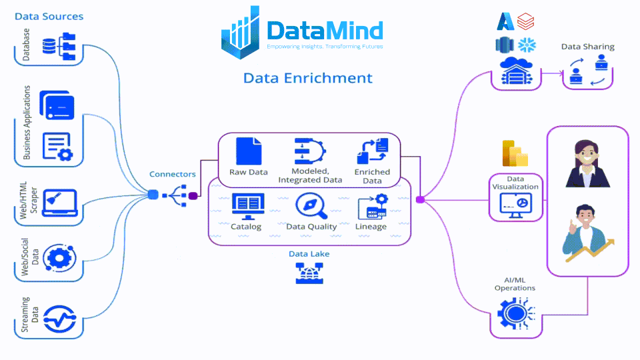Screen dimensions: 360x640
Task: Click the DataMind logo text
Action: point(325,31)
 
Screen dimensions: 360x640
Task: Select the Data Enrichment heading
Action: point(307,78)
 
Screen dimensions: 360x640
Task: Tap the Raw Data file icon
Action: point(249,151)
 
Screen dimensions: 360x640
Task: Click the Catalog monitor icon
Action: point(247,206)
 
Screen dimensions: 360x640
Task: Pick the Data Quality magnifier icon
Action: point(311,206)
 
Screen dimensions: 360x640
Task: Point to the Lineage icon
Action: point(372,207)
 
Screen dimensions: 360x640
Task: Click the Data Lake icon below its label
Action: point(309,273)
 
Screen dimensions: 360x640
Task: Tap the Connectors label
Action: point(172,174)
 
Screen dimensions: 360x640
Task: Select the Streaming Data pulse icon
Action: point(59,319)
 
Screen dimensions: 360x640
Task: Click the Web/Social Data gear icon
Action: point(59,259)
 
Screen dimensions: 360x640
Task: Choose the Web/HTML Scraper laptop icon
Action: point(59,203)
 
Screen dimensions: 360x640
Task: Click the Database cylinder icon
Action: point(49,46)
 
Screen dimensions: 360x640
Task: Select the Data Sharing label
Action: point(587,47)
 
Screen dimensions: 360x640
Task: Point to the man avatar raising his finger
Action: point(587,233)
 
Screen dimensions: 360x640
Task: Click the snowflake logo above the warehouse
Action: point(527,45)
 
